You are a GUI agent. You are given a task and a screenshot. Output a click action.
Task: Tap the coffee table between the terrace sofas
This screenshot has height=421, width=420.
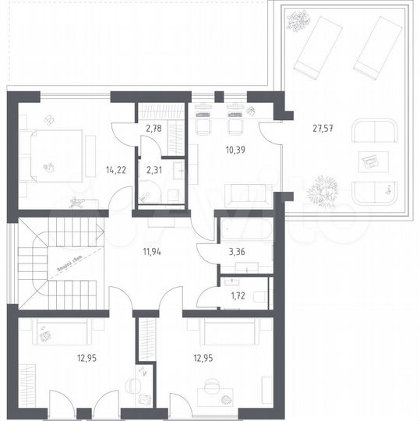click(369, 161)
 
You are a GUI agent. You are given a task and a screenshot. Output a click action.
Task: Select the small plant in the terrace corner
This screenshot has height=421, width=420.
click(298, 21)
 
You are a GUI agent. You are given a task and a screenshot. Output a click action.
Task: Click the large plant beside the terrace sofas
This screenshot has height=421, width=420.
click(322, 189)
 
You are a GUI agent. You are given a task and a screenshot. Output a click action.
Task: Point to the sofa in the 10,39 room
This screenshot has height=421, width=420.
click(248, 192)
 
